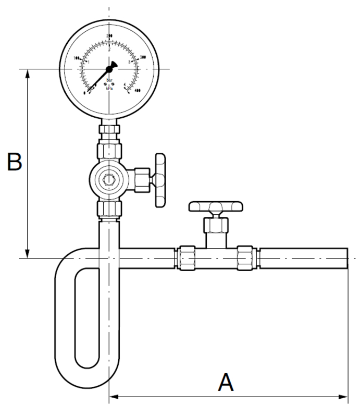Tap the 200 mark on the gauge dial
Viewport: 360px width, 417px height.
[109, 35]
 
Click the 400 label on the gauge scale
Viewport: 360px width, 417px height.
[138, 91]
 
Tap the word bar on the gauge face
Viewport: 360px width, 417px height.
[109, 80]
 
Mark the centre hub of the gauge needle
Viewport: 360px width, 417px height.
[109, 69]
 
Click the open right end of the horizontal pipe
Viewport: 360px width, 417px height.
[346, 257]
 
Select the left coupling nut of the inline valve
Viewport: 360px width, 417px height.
[186, 257]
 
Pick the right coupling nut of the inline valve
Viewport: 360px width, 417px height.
[245, 257]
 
